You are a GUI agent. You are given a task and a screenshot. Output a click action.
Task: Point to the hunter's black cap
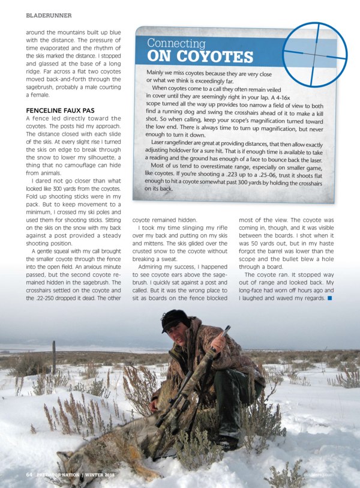tap(173, 319)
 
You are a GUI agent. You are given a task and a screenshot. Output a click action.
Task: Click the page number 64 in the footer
tap(28, 475)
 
